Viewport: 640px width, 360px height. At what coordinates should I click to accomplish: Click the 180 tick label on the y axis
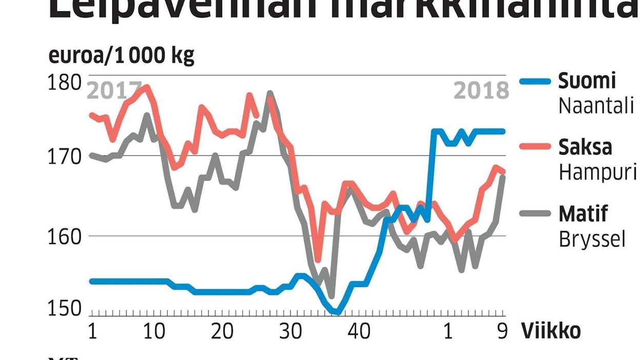coord(64,82)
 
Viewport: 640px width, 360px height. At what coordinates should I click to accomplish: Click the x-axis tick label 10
coord(153,332)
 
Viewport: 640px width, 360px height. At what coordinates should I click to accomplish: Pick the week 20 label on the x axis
coord(222,332)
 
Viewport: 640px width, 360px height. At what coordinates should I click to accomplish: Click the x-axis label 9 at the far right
coord(502,332)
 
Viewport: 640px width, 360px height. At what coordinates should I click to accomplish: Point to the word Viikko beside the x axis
coord(551,332)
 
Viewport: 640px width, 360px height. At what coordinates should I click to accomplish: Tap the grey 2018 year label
coord(481,91)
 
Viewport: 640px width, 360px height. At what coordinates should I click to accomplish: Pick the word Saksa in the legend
coord(585,147)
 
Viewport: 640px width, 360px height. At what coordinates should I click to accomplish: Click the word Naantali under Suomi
coord(596,106)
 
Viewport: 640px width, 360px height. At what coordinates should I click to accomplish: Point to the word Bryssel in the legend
coord(592,239)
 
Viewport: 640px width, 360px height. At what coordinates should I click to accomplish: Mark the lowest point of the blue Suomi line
coord(337,311)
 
